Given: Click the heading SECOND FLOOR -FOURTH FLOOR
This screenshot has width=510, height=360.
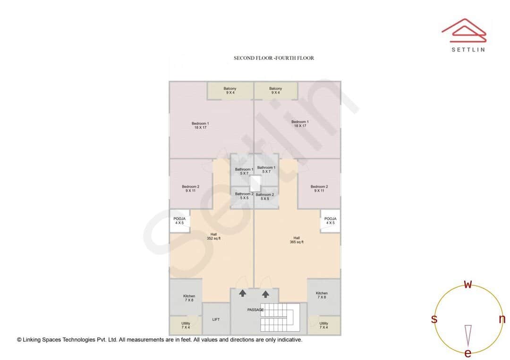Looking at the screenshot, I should tap(274, 58).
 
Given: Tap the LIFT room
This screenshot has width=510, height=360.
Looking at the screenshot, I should tap(216, 319).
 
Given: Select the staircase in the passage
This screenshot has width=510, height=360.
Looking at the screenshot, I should tap(280, 317).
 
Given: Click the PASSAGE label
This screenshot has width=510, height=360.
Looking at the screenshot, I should tap(255, 310).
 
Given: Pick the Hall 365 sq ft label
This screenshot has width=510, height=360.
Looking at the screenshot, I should tap(297, 240).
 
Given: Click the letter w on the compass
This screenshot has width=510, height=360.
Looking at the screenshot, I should tap(468, 285).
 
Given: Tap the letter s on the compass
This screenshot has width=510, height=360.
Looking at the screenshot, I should tap(434, 319).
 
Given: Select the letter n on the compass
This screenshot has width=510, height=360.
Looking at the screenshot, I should tap(502, 319).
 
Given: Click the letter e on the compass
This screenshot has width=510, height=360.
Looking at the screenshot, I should tap(468, 353).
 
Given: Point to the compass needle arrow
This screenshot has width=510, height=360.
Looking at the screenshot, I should tap(468, 335).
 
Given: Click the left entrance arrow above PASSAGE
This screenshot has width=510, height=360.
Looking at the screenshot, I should tap(243, 293).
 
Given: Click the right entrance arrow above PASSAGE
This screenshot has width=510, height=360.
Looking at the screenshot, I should tap(266, 293).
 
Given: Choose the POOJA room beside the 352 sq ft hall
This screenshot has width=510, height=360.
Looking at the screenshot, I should tap(179, 221).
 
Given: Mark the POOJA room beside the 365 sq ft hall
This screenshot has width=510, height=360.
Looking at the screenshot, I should tap(331, 221).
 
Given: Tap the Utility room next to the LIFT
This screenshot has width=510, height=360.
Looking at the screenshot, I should tap(186, 326).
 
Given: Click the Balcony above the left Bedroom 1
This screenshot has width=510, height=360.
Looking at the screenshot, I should tap(230, 90).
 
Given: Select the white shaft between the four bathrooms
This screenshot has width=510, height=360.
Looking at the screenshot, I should tap(255, 183).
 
